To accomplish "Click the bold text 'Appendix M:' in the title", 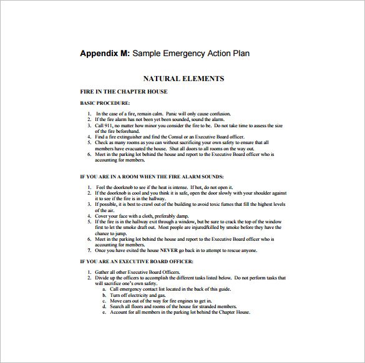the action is click(x=105, y=54).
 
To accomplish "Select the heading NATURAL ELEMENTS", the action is click(x=183, y=79).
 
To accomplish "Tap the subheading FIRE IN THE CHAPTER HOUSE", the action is click(x=124, y=92).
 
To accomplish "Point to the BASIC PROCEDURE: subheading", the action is click(x=105, y=102).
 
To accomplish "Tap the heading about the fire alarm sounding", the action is click(x=152, y=177).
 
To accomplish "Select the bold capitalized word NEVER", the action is click(x=169, y=250).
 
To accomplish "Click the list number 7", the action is click(x=89, y=250).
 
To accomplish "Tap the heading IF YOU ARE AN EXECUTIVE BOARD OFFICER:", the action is click(x=137, y=261).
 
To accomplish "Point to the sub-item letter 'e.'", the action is click(x=104, y=312).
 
